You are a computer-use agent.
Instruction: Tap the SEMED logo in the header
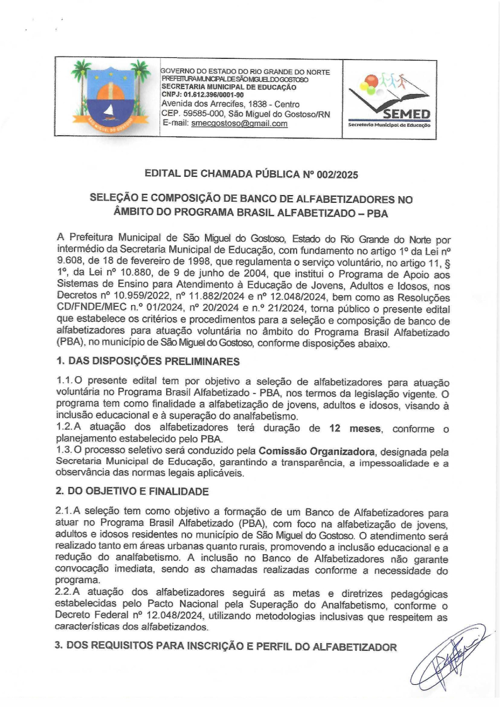click(389, 100)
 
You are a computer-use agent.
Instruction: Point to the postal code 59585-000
click(199, 114)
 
